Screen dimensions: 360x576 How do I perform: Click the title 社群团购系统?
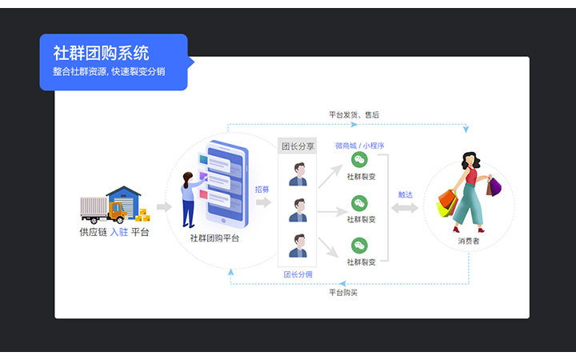coord(101,54)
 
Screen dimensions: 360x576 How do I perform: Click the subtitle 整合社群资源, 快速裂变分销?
coord(109,72)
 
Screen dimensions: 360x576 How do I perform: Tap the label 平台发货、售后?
coord(354,115)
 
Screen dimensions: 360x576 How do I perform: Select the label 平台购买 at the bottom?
coord(343,292)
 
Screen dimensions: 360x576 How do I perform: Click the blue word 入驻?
coord(118,232)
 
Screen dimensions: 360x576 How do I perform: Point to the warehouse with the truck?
coord(114,205)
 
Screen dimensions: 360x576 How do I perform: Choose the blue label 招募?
coord(262,190)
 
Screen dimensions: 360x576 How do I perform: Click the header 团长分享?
coord(298,146)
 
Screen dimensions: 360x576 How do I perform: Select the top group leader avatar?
coord(298,174)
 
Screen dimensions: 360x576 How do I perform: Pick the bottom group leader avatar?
coord(298,245)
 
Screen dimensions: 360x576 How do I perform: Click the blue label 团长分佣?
coord(298,274)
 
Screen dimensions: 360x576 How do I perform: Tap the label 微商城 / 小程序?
coord(360,146)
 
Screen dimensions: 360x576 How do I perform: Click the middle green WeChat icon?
coord(360,203)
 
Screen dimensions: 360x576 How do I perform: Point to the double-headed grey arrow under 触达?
coord(405,208)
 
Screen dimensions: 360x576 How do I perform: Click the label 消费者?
coord(469,240)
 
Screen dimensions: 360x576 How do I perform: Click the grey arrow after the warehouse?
coord(164,207)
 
